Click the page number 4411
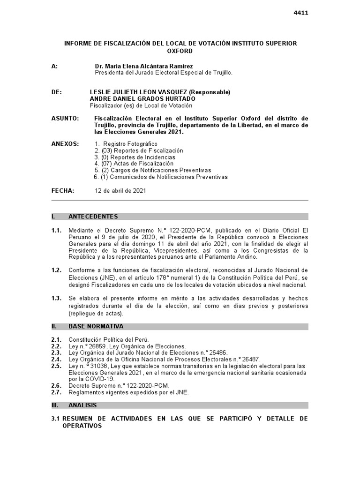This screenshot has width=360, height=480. coord(300,13)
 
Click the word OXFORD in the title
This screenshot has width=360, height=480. coord(180,51)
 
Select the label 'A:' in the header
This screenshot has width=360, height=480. coord(55,67)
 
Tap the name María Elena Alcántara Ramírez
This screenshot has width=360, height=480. coord(143,67)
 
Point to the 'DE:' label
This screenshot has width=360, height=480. coord(56,92)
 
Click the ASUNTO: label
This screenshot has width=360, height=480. coord(65,119)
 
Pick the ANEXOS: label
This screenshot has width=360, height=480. coord(65,144)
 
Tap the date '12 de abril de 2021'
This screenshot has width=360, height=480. coord(120,191)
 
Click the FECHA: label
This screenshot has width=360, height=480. coord(63,191)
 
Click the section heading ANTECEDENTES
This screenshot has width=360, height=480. coord(93,217)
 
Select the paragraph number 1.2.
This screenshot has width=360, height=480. coord(56,270)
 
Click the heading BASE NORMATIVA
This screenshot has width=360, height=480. coord(96,326)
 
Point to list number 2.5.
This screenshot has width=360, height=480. coord(56,366)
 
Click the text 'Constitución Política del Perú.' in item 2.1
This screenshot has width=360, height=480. coord(108,339)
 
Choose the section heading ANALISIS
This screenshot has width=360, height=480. coord(83,405)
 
